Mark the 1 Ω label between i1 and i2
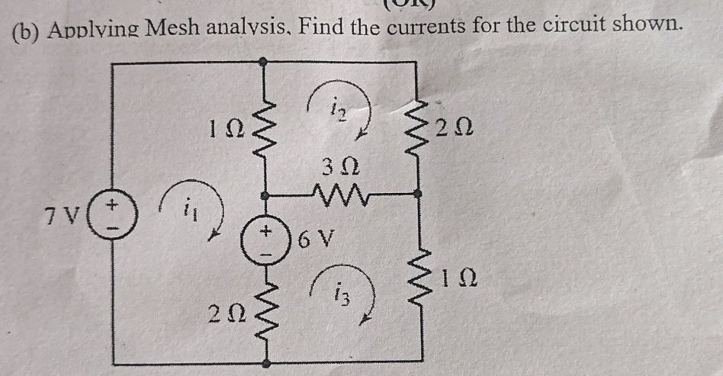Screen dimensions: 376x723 (227, 130)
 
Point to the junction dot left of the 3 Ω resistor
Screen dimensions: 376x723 (265, 196)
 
